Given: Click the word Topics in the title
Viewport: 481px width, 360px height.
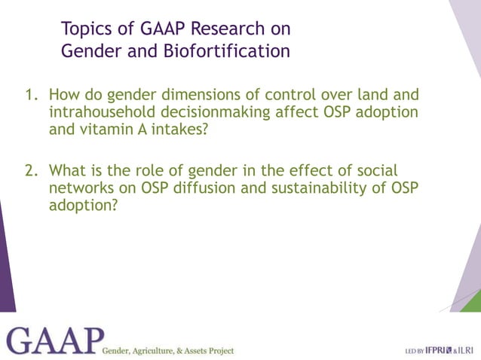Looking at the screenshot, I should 85,29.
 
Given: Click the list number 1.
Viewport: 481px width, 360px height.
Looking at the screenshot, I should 31,96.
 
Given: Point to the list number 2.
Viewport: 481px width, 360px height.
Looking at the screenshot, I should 31,171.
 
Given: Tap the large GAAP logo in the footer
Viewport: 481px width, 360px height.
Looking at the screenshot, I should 53,340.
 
